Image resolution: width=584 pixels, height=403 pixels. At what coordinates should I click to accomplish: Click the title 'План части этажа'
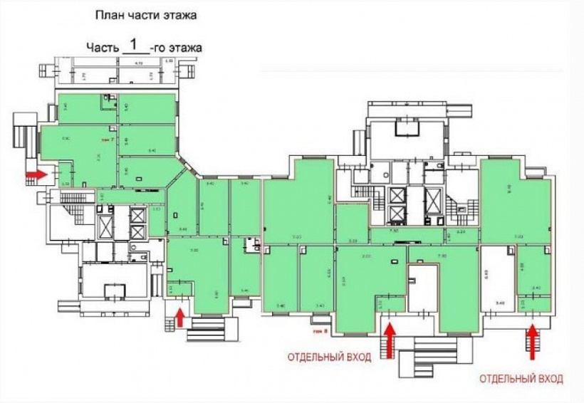[145, 14]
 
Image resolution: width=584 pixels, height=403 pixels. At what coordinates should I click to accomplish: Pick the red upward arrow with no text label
[179, 315]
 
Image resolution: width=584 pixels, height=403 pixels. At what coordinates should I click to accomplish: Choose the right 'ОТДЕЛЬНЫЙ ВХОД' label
[522, 378]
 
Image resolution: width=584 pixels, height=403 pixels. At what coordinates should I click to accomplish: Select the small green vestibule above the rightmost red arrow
[533, 304]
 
